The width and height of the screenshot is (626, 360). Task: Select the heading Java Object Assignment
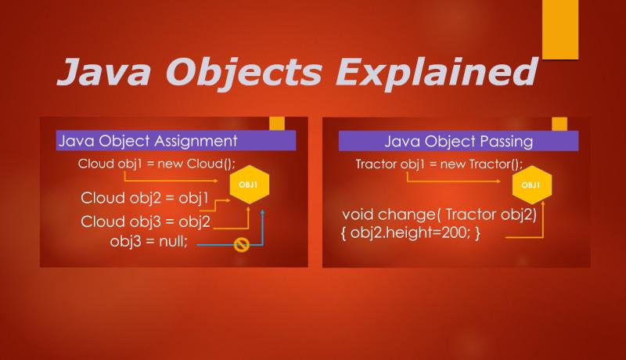point(147,142)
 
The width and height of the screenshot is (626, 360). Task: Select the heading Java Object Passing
point(459,142)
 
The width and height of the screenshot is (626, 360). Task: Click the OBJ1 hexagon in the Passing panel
point(530,185)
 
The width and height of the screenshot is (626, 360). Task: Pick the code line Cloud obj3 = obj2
point(146,221)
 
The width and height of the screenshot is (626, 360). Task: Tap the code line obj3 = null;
point(149,240)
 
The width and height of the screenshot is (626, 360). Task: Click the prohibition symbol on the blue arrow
point(242,246)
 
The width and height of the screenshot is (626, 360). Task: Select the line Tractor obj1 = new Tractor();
point(438,164)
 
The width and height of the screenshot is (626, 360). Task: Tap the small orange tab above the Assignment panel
point(277,124)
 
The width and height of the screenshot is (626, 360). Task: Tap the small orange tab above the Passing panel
point(559,124)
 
